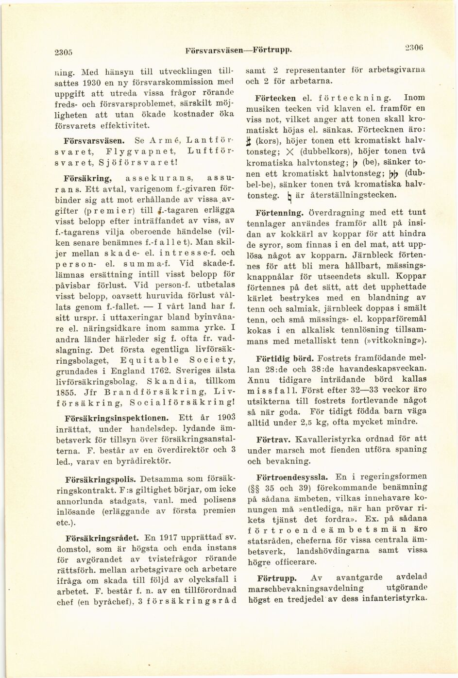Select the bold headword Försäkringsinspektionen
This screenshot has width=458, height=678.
(117, 417)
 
